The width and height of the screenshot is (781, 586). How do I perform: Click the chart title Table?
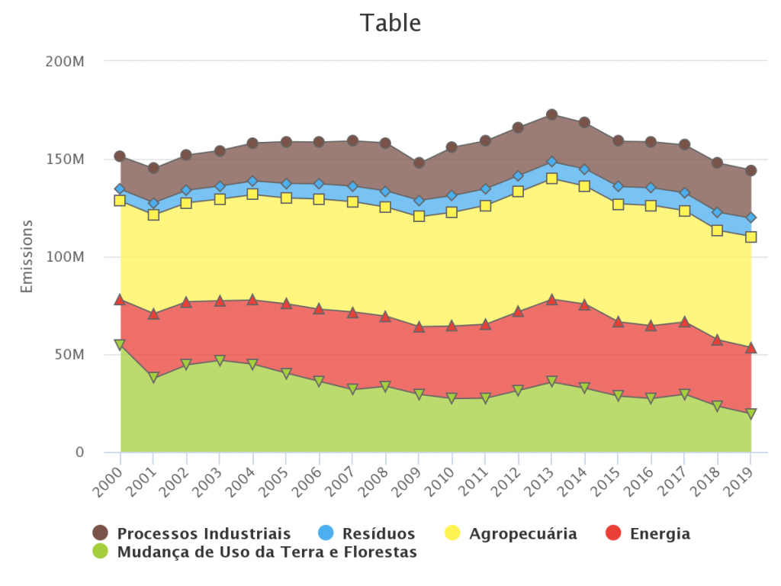pos(390,23)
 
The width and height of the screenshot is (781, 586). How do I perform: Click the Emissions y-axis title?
pos(27,256)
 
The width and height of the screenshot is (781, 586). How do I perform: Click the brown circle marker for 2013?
pos(551,114)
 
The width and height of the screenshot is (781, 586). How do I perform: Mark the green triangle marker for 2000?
pos(120,345)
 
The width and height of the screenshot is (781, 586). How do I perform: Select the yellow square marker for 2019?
pos(750,237)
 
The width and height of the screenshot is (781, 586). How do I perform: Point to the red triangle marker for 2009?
pos(419,327)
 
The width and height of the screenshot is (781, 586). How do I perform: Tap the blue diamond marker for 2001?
pos(153,204)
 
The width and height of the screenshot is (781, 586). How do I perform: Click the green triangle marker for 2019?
pos(750,414)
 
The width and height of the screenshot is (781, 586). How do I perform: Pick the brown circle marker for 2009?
pos(419,163)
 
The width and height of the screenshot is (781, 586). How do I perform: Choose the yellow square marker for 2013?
pos(551,179)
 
